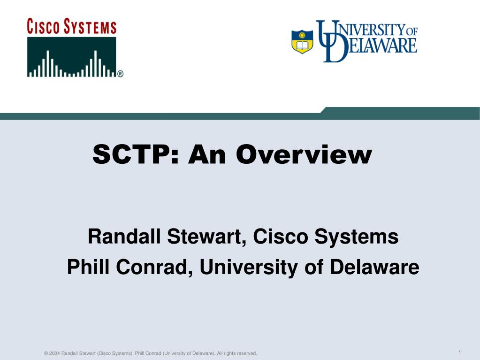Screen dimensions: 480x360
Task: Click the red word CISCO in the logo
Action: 43,26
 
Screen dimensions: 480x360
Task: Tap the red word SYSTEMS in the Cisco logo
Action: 90,26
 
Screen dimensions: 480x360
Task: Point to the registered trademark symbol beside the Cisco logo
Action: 120,74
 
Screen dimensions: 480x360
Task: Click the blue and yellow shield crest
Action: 302,42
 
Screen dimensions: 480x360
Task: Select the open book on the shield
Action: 302,46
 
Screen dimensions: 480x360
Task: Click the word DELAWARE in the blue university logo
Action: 376,46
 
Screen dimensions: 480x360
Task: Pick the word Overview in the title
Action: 304,154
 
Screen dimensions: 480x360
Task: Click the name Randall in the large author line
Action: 124,237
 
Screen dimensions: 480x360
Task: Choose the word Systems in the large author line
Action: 357,237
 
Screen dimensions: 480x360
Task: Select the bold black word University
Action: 249,268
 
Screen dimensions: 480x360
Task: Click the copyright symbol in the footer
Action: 46,353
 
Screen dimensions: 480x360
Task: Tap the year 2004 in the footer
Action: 54,353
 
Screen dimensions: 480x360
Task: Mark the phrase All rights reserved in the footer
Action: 237,353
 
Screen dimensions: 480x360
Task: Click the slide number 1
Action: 459,352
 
